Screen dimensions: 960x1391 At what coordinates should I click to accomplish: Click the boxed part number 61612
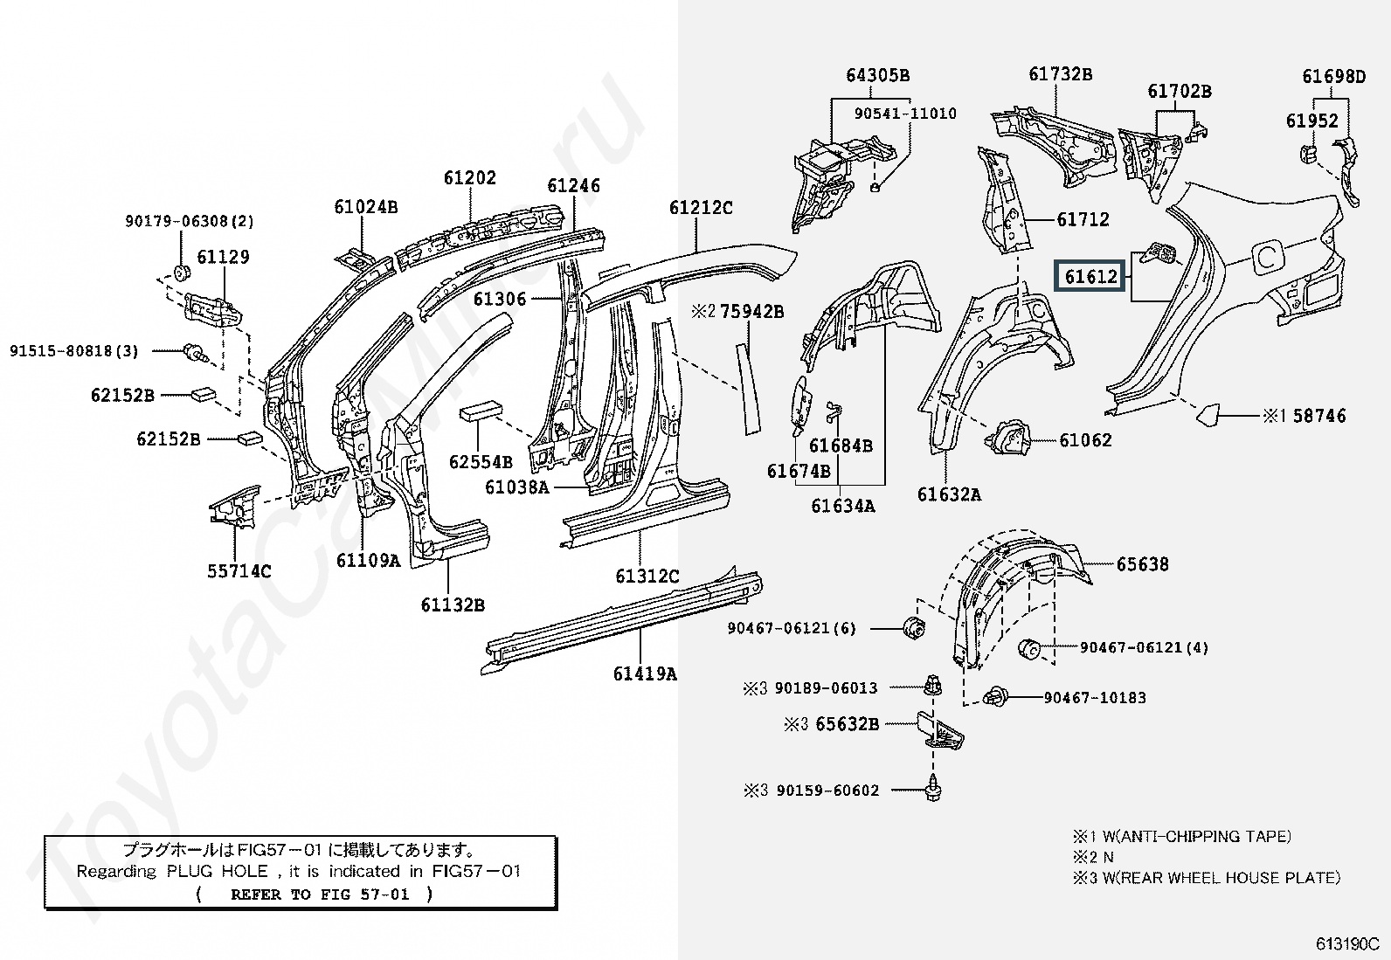(1090, 277)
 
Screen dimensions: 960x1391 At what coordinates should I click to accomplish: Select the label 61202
(469, 178)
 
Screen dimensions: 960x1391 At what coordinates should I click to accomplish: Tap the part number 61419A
(645, 673)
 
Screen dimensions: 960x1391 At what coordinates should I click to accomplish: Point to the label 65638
(1142, 564)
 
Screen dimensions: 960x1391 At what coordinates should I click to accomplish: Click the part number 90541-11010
(905, 114)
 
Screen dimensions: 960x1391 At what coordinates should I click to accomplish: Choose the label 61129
(223, 257)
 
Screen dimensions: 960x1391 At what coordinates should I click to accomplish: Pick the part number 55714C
(239, 571)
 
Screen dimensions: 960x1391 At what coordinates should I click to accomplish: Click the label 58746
(1319, 416)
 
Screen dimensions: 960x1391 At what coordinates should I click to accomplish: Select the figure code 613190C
(1346, 944)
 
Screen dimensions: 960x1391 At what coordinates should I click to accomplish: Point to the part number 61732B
(1060, 74)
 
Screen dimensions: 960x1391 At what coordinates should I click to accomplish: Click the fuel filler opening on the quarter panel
(1268, 256)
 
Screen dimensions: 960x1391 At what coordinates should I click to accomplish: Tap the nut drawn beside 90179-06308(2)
(182, 272)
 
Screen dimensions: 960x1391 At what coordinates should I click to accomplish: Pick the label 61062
(1085, 440)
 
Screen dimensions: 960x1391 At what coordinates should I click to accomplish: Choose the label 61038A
(516, 487)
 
